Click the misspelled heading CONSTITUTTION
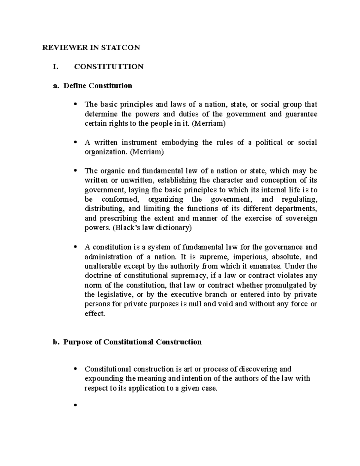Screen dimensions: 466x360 point(109,67)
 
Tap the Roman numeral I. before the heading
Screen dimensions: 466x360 point(55,67)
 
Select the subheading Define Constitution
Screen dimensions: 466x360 point(98,86)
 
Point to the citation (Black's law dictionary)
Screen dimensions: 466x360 point(152,228)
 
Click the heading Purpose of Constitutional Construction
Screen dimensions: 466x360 point(132,342)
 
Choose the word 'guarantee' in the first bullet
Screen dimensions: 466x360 point(302,114)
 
